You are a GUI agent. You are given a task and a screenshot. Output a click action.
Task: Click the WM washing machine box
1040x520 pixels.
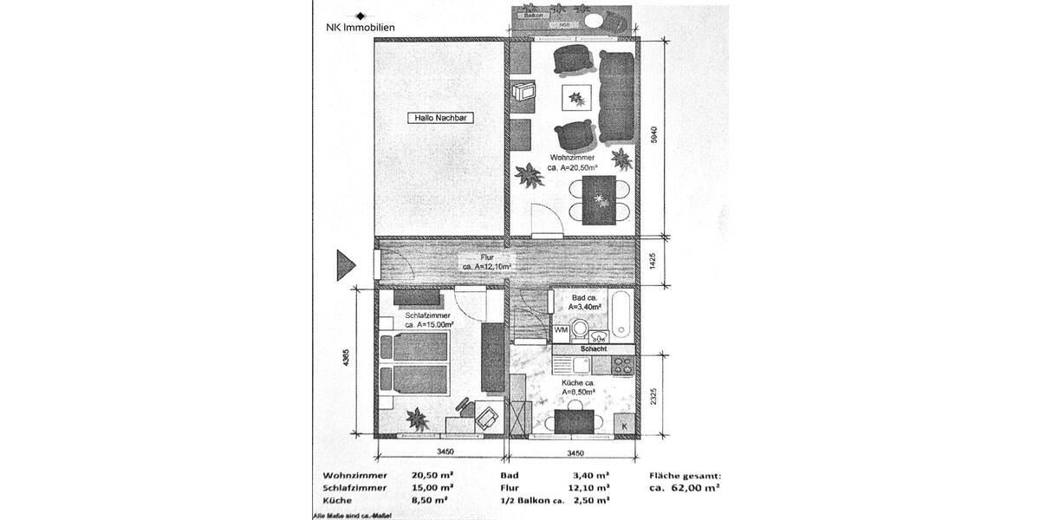[561, 330]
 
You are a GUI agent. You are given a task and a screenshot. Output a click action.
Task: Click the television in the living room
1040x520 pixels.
[523, 93]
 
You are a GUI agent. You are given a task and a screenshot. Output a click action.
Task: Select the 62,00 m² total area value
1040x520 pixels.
[690, 488]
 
